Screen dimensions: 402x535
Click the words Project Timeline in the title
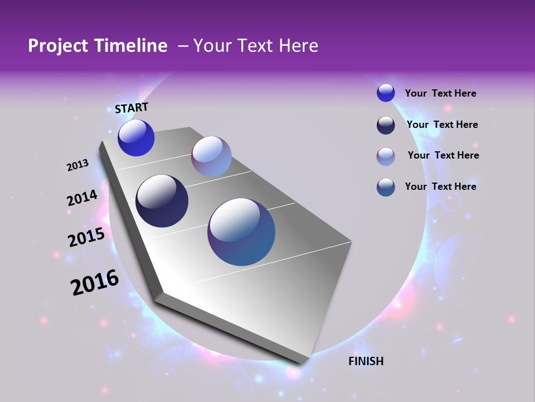(98, 46)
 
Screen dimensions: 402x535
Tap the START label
(132, 108)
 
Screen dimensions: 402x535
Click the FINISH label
(366, 361)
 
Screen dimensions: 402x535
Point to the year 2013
(77, 165)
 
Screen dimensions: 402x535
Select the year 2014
(82, 198)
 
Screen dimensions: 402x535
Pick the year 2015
(86, 237)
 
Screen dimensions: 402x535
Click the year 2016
(95, 283)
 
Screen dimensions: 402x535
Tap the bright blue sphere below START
(136, 138)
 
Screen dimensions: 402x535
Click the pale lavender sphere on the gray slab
(211, 156)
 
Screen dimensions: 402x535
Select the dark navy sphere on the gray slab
(162, 201)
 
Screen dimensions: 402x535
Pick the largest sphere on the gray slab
(241, 232)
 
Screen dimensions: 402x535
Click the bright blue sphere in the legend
(386, 93)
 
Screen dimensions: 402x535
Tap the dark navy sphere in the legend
(386, 125)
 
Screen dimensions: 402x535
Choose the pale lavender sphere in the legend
(386, 156)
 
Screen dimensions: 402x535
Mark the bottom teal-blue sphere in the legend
(386, 187)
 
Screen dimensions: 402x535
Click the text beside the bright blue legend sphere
(440, 94)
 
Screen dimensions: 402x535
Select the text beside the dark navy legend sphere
(442, 125)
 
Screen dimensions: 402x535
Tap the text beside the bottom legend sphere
(440, 186)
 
